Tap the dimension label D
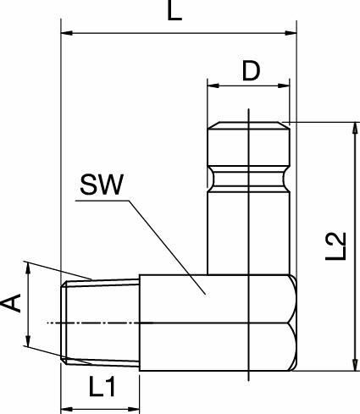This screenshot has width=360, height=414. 251,71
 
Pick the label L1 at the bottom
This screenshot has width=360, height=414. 102,388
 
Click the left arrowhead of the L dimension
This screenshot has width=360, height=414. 68,34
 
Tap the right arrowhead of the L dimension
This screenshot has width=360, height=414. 291,34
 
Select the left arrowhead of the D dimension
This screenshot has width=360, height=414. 213,86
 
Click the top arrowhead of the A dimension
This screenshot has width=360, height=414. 29,269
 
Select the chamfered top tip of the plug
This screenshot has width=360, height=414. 249,128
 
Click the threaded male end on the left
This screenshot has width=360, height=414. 100,322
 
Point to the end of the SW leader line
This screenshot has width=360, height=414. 204,292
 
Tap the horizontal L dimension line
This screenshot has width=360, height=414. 178,34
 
